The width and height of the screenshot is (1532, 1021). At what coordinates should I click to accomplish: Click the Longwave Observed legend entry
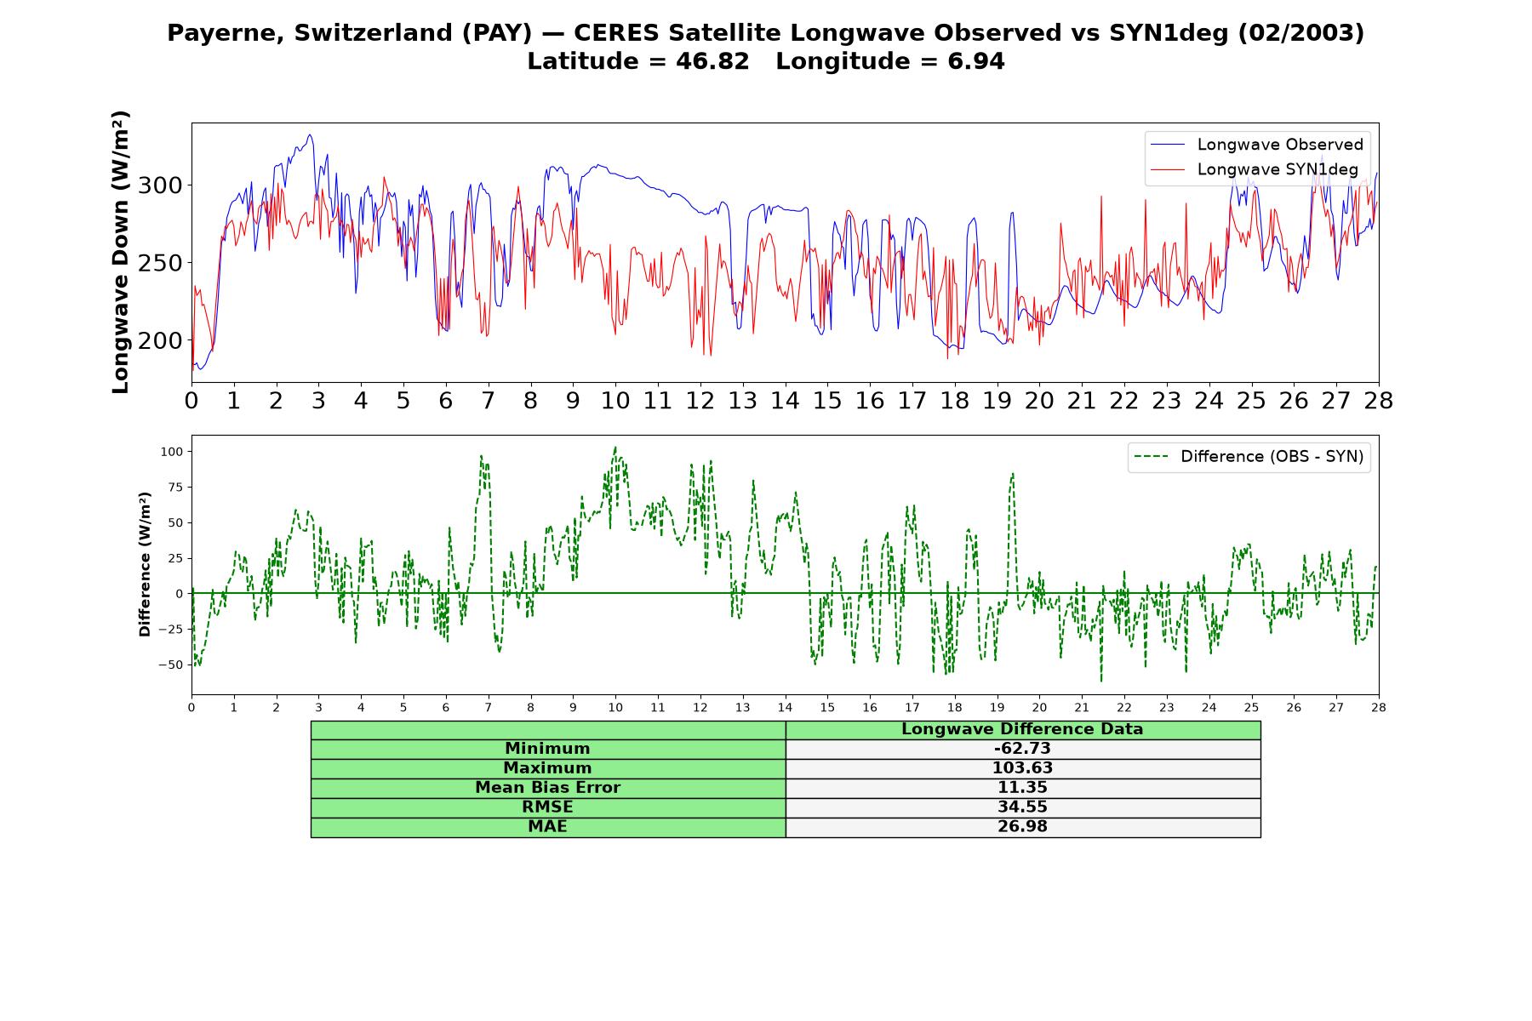[x=1257, y=145]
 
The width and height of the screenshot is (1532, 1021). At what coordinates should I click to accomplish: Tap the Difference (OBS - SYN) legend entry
[x=1249, y=457]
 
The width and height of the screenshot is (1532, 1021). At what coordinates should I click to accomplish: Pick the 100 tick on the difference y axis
[x=172, y=452]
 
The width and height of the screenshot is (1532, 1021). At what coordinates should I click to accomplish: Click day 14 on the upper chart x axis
[x=785, y=401]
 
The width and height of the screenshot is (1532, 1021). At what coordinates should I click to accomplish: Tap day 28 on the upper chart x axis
[x=1378, y=401]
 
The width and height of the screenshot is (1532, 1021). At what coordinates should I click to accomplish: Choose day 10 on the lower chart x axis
[x=615, y=707]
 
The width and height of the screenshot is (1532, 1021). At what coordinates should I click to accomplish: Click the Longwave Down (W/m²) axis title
[x=121, y=252]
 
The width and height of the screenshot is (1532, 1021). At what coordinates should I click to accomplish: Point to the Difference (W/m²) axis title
[x=145, y=564]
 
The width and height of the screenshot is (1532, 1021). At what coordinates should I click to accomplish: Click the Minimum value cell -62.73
[x=1022, y=749]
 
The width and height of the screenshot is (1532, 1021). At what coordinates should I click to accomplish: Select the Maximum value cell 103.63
[x=1022, y=768]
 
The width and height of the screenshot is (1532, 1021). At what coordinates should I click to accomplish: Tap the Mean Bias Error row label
[x=547, y=788]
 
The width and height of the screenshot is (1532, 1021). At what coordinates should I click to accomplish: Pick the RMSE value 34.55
[x=1022, y=807]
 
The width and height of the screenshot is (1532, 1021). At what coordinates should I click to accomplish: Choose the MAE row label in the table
[x=547, y=827]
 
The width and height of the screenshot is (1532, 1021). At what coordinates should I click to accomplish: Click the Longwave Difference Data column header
[x=1022, y=729]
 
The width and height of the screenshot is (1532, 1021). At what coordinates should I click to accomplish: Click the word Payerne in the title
[x=226, y=33]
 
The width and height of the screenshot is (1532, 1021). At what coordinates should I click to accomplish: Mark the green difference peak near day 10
[x=615, y=448]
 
